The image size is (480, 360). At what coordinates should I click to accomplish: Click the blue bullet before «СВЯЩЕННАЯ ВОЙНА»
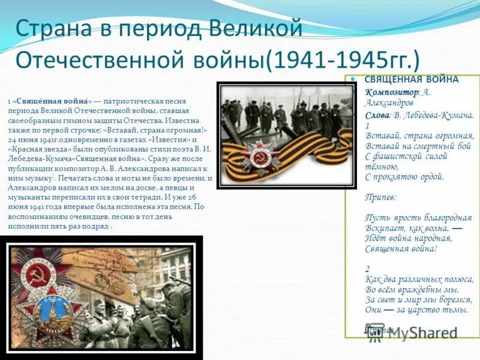click(353, 79)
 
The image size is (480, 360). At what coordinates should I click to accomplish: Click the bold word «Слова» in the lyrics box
click(378, 115)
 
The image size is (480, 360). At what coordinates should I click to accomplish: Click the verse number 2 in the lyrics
click(368, 269)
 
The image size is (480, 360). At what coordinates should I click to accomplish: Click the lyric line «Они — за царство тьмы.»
click(416, 310)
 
